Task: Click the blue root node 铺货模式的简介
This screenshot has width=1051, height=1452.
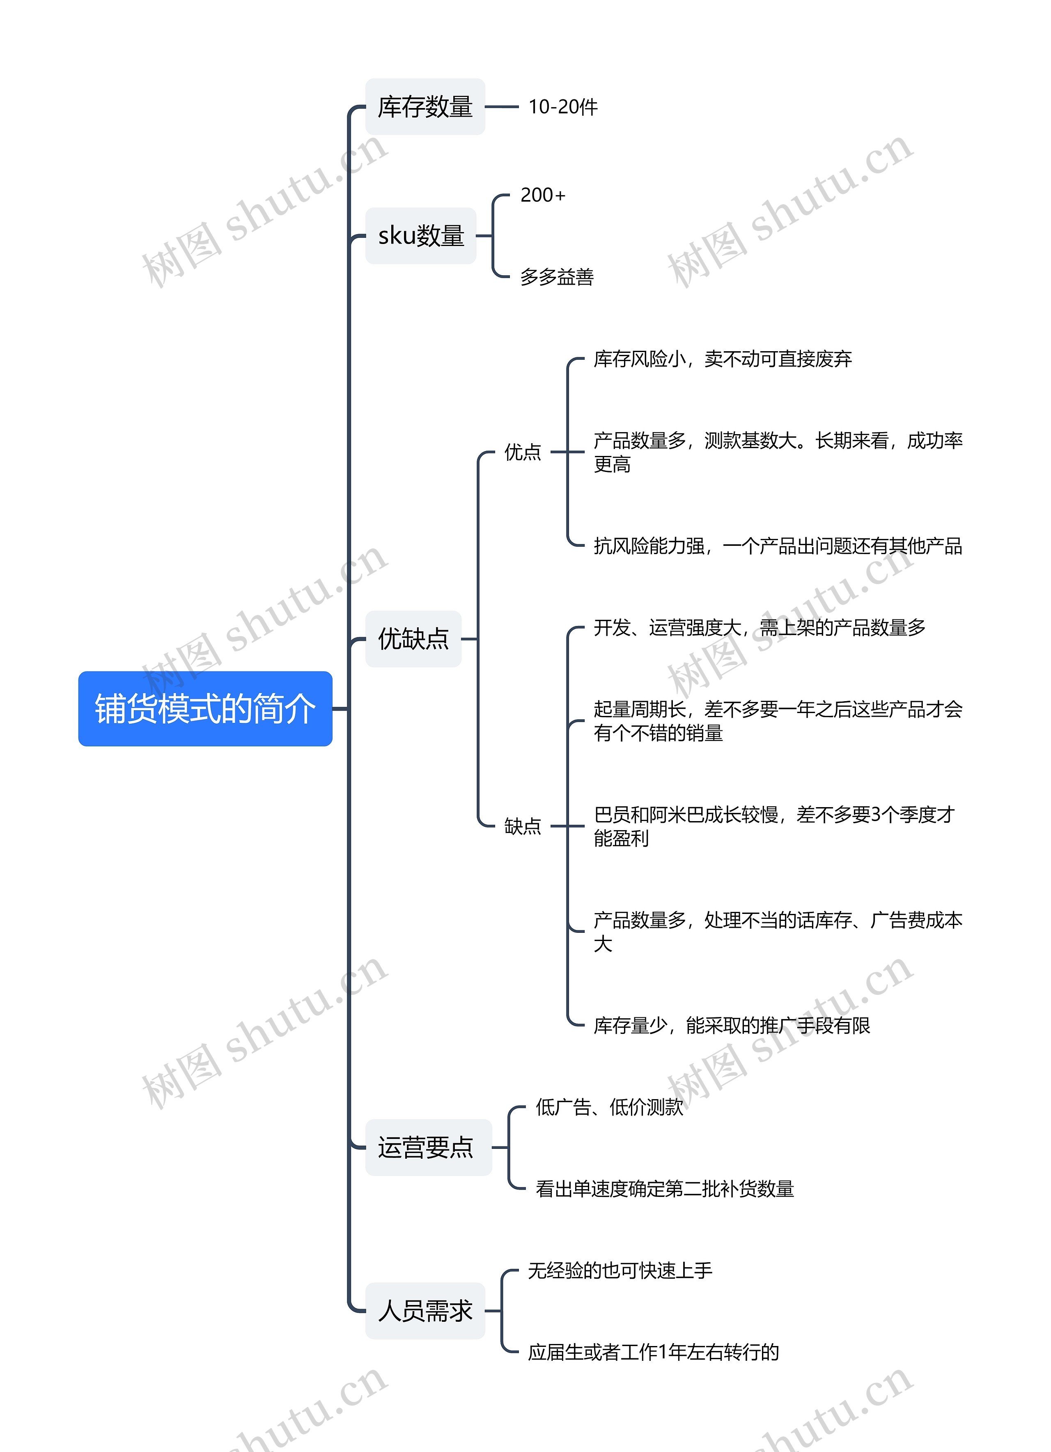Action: point(205,708)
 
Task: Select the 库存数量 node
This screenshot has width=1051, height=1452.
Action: point(425,107)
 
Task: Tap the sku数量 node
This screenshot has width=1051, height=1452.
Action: point(420,236)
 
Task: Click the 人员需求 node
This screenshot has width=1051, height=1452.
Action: point(425,1311)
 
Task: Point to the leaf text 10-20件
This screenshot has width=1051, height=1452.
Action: point(562,107)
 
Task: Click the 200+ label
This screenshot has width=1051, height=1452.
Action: point(543,195)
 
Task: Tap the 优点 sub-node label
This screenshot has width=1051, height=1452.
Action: point(522,452)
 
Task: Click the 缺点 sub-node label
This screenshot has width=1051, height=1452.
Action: point(522,826)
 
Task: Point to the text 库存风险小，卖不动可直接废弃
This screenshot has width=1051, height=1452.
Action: point(722,359)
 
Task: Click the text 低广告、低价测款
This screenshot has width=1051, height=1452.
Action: point(609,1107)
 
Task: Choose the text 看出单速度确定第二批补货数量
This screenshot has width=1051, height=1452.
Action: point(664,1189)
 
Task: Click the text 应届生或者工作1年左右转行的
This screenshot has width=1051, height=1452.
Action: point(653,1352)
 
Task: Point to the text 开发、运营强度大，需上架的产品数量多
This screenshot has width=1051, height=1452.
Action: point(759,627)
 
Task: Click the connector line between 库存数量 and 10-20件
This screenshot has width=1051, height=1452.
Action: point(502,107)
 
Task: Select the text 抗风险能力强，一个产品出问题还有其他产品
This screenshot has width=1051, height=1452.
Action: point(777,546)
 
